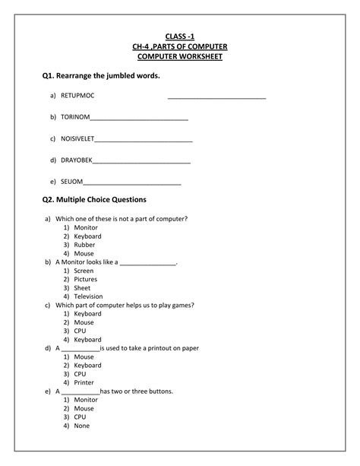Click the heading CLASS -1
tap(179, 36)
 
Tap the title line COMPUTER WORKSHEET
tap(179, 57)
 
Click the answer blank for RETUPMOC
tap(216, 97)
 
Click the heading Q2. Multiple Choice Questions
tap(94, 200)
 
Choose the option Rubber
tap(84, 245)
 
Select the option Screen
tap(84, 271)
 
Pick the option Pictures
tap(86, 280)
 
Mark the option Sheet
tap(82, 288)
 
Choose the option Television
tap(88, 296)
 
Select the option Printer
tap(84, 382)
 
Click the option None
tap(82, 426)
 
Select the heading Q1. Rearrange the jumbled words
tap(101, 77)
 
